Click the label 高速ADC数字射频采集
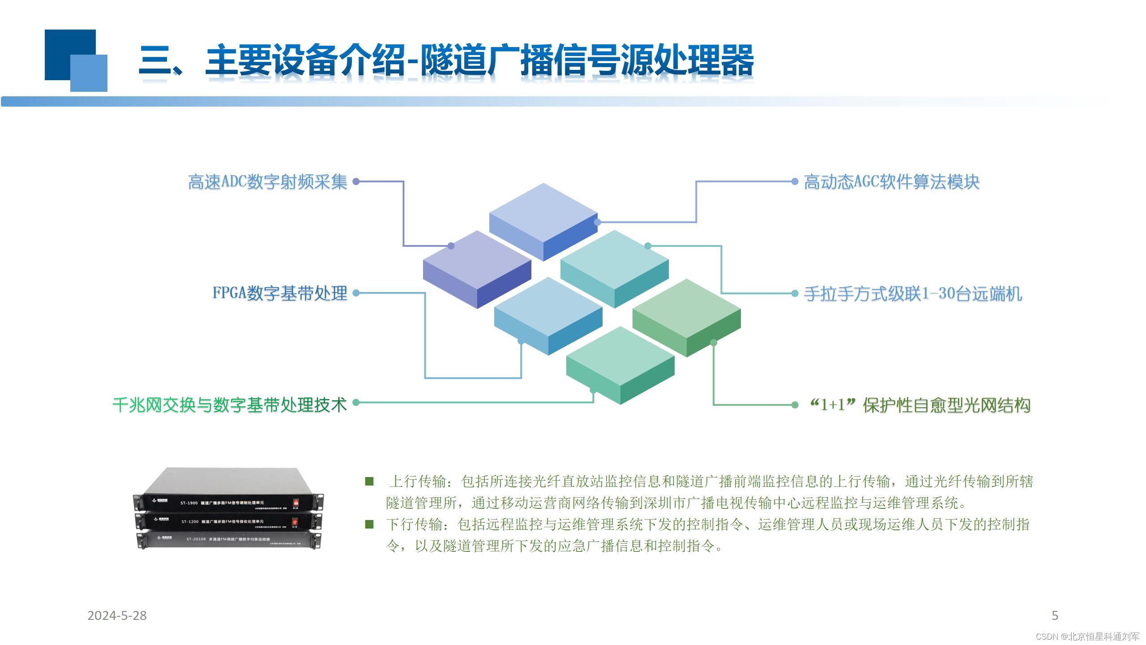pyautogui.click(x=267, y=182)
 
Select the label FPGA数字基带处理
pyautogui.click(x=280, y=293)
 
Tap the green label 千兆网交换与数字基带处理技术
pyautogui.click(x=230, y=404)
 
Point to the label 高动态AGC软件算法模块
pyautogui.click(x=892, y=182)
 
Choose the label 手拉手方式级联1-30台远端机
pyautogui.click(x=913, y=294)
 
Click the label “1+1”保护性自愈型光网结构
pyautogui.click(x=920, y=405)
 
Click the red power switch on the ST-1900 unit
pyautogui.click(x=295, y=503)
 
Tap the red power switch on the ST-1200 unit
pyautogui.click(x=295, y=522)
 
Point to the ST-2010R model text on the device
pyautogui.click(x=196, y=539)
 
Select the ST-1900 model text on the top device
pyautogui.click(x=189, y=503)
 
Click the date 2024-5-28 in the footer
pyautogui.click(x=117, y=616)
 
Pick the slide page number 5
pyautogui.click(x=1055, y=616)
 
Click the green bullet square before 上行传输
pyautogui.click(x=369, y=482)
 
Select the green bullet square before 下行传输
pyautogui.click(x=369, y=525)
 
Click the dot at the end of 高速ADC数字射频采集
pyautogui.click(x=356, y=181)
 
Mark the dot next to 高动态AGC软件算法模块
pyautogui.click(x=795, y=181)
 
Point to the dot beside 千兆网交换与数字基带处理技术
pyautogui.click(x=356, y=403)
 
